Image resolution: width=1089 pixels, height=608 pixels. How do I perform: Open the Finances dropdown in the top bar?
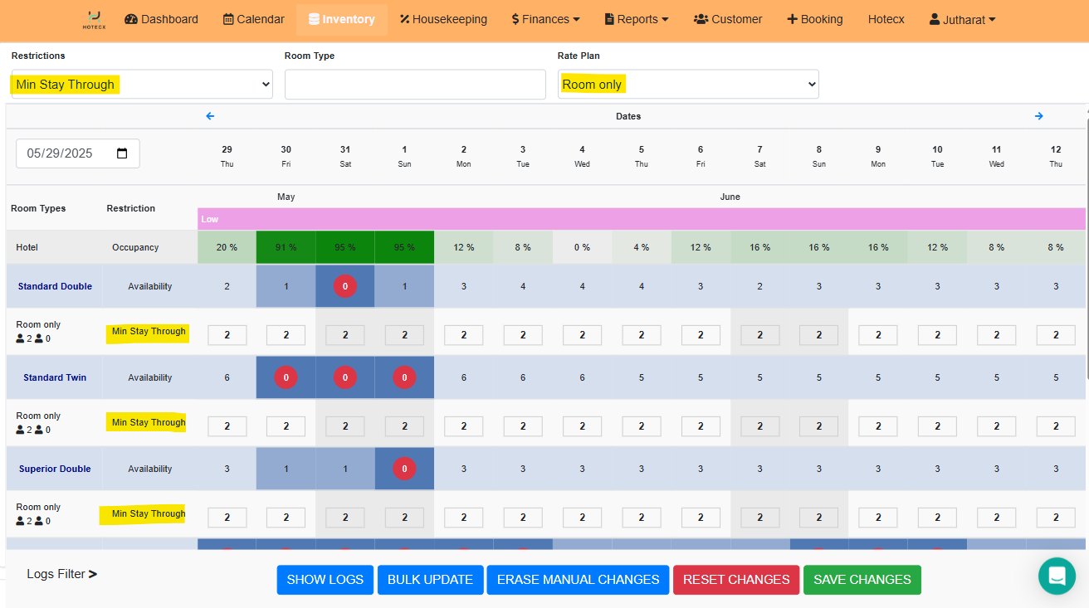[545, 19]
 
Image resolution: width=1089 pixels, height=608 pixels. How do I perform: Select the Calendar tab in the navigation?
[254, 19]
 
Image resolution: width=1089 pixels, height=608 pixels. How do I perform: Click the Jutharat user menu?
[962, 19]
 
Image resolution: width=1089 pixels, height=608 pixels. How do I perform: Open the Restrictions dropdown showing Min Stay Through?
[142, 84]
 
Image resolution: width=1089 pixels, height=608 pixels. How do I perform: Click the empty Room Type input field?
[415, 84]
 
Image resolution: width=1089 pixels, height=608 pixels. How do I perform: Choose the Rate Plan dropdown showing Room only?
[688, 84]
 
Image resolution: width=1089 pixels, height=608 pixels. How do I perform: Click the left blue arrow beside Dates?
[210, 116]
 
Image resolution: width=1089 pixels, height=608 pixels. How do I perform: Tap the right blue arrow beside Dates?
[1038, 116]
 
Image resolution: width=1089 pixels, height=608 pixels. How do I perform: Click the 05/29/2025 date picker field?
[78, 153]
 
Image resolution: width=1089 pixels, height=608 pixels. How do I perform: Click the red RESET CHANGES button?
[735, 580]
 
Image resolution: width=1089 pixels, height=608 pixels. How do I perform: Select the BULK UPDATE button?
[430, 580]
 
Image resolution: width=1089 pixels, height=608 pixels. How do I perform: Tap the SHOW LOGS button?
[325, 580]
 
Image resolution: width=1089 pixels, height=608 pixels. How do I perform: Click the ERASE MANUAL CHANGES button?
[578, 580]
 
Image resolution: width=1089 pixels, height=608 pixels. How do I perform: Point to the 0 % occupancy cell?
[582, 247]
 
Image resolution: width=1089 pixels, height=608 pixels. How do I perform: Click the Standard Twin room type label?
[55, 377]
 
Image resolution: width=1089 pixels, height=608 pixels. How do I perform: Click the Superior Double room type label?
[55, 469]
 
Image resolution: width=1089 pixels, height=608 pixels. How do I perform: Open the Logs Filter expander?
[62, 574]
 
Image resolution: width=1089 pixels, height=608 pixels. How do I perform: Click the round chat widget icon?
[1057, 576]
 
